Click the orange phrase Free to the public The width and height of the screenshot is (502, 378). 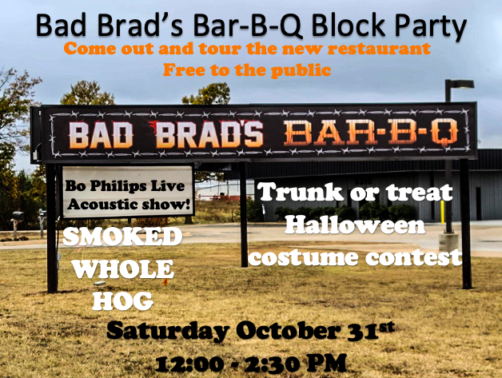tap(246, 70)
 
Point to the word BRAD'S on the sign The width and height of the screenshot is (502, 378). tap(209, 134)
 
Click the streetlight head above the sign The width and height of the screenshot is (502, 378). tap(462, 84)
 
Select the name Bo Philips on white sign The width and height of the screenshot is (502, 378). tap(102, 185)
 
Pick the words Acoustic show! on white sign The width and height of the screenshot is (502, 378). tap(129, 204)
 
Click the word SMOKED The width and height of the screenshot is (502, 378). tap(122, 237)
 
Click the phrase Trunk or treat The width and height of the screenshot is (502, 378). tap(354, 193)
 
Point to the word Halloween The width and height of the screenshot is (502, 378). tap(356, 225)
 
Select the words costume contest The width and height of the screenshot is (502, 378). tap(355, 257)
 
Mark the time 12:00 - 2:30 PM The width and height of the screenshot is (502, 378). tap(252, 363)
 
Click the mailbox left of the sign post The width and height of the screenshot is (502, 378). tap(17, 216)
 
